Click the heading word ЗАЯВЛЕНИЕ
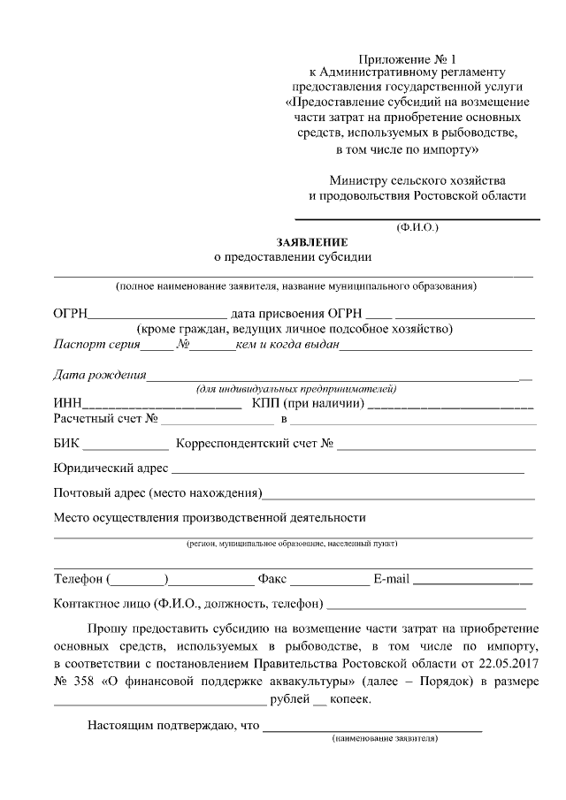[312, 242]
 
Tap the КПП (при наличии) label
[308, 404]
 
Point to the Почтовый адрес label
[157, 492]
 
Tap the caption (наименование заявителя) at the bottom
[385, 738]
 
